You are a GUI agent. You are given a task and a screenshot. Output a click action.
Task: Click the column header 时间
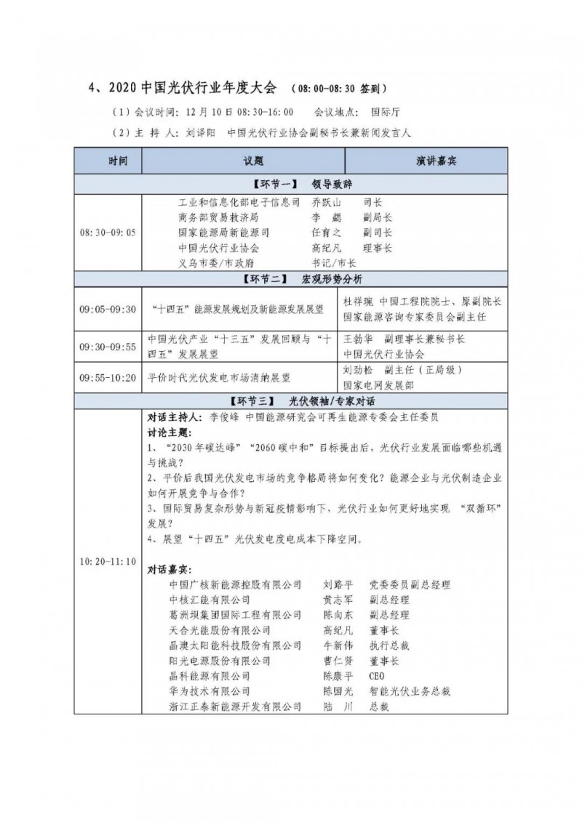tap(110, 159)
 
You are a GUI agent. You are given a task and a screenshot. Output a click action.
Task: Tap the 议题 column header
tap(244, 159)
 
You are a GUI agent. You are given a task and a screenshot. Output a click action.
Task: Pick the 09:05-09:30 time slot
tap(108, 309)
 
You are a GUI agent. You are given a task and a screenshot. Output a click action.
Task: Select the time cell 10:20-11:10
tap(108, 562)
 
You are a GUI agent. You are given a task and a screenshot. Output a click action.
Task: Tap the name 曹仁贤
tap(338, 661)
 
